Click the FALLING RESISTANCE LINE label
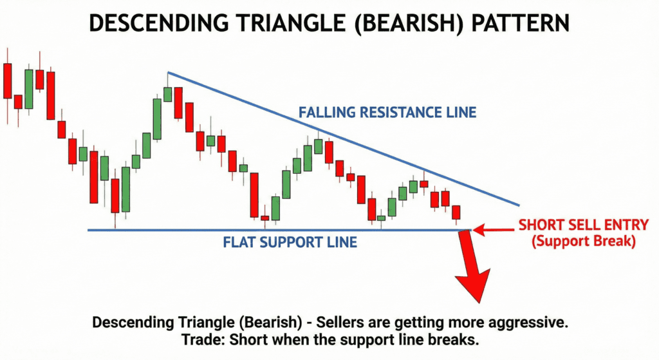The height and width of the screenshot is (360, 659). (x=387, y=113)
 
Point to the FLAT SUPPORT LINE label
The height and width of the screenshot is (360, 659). (x=290, y=243)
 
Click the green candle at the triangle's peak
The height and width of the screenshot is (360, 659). (x=168, y=94)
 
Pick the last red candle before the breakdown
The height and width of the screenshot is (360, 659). (x=456, y=213)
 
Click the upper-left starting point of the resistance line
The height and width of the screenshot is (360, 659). (x=168, y=72)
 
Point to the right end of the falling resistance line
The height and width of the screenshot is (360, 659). (x=518, y=206)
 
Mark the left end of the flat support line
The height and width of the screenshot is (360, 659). (x=89, y=230)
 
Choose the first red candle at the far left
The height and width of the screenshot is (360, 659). (x=8, y=81)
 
